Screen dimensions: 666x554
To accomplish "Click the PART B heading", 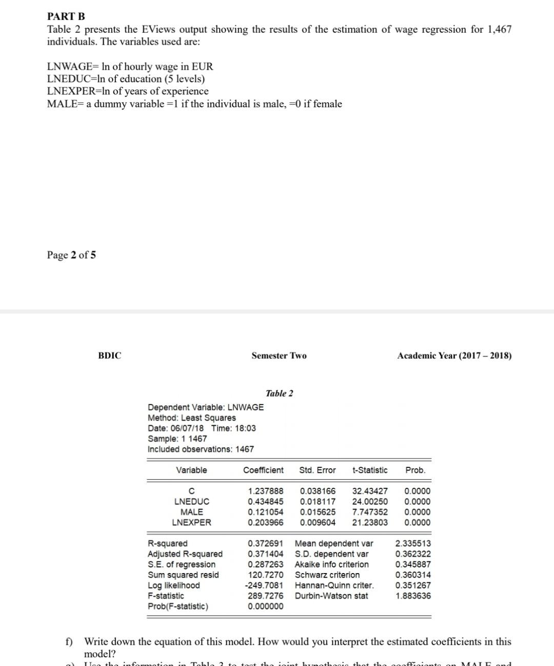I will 66,17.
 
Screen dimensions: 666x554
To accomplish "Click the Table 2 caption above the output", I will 280,393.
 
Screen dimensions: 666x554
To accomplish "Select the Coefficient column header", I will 263,470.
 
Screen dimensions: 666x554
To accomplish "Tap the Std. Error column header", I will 318,470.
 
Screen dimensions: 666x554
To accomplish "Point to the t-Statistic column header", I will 370,470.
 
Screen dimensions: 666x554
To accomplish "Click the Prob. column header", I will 415,470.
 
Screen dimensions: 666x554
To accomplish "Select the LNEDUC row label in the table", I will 192,502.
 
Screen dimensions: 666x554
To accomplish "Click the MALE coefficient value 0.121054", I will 265,512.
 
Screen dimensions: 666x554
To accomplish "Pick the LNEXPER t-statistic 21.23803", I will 370,523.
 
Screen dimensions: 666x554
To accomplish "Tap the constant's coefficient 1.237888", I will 265,491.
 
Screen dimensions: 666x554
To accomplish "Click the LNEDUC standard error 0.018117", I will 318,502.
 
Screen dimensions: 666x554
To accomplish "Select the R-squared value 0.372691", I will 265,543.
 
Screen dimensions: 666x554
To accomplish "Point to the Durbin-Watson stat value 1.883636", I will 413,596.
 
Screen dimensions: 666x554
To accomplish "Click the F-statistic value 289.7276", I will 265,596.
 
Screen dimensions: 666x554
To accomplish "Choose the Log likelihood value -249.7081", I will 264,585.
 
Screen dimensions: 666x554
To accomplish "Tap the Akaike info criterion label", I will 331,564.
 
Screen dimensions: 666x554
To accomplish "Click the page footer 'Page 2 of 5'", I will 71,255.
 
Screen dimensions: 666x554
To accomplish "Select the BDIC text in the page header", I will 110,356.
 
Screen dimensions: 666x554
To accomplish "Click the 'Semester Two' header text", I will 279,356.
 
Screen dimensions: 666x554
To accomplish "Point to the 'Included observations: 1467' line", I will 201,449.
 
